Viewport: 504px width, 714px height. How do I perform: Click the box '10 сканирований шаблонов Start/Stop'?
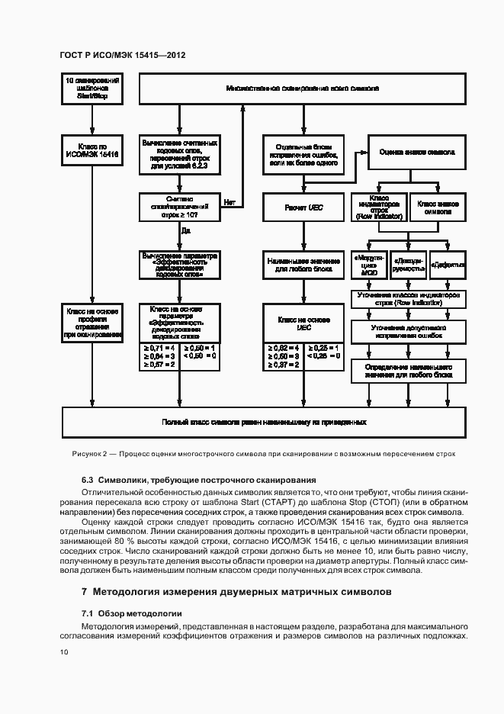92,88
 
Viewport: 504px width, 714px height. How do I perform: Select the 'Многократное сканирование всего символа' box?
301,88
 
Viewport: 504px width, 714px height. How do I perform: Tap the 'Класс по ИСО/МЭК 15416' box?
92,150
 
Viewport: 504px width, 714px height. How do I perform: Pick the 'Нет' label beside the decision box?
229,203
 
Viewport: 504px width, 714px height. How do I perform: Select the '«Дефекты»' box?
448,265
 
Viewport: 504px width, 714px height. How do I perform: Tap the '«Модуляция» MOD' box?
369,265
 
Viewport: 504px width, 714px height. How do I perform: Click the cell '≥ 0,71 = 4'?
159,347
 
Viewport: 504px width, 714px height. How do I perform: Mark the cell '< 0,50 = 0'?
200,355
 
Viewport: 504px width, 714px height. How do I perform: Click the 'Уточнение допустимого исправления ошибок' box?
408,330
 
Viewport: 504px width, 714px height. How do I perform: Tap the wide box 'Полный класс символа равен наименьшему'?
264,421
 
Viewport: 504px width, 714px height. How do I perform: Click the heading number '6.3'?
88,480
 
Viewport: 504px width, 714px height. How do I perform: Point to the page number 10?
64,651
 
